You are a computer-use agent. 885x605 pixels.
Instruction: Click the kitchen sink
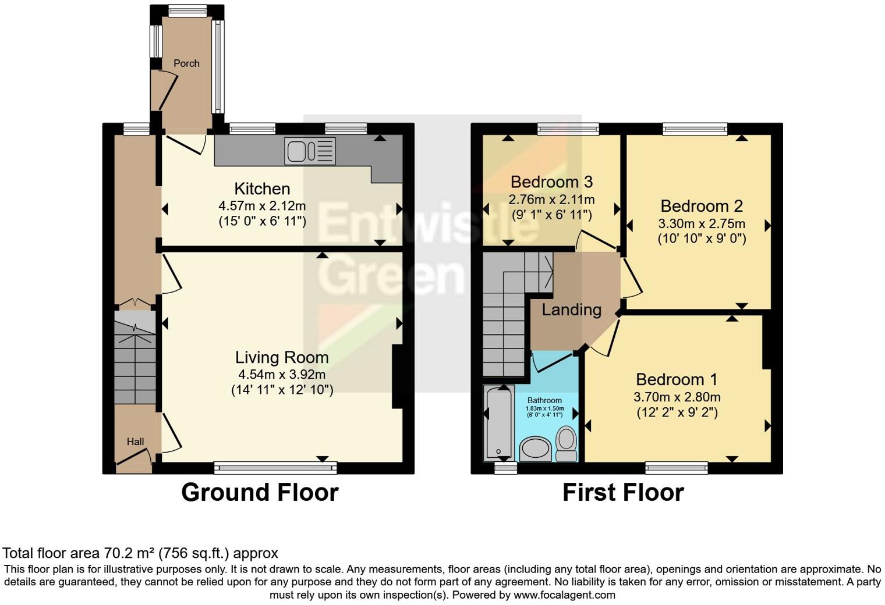(310, 151)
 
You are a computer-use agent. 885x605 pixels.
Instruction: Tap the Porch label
(186, 63)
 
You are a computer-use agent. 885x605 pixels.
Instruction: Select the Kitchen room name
(263, 188)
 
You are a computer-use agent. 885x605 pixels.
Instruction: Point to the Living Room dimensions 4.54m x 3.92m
(282, 373)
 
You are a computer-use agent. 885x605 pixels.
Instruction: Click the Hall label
(135, 442)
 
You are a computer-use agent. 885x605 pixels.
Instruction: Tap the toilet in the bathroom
(566, 444)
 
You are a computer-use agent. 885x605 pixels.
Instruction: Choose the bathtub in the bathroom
(498, 423)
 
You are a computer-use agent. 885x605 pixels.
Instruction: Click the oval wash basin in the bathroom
(535, 449)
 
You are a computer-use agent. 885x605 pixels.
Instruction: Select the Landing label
(571, 310)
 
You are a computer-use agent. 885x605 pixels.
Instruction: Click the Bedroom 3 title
(551, 182)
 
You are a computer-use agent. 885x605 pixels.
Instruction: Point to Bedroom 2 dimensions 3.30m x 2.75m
(702, 224)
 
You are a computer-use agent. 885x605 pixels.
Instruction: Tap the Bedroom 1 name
(677, 379)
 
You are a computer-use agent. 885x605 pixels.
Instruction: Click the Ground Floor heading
(260, 493)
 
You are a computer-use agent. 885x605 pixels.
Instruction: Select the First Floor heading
(623, 493)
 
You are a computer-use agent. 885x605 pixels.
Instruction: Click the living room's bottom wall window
(275, 468)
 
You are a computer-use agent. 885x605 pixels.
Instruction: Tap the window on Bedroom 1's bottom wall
(677, 468)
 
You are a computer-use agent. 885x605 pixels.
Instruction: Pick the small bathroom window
(506, 468)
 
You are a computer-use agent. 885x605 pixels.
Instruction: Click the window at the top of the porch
(187, 10)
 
